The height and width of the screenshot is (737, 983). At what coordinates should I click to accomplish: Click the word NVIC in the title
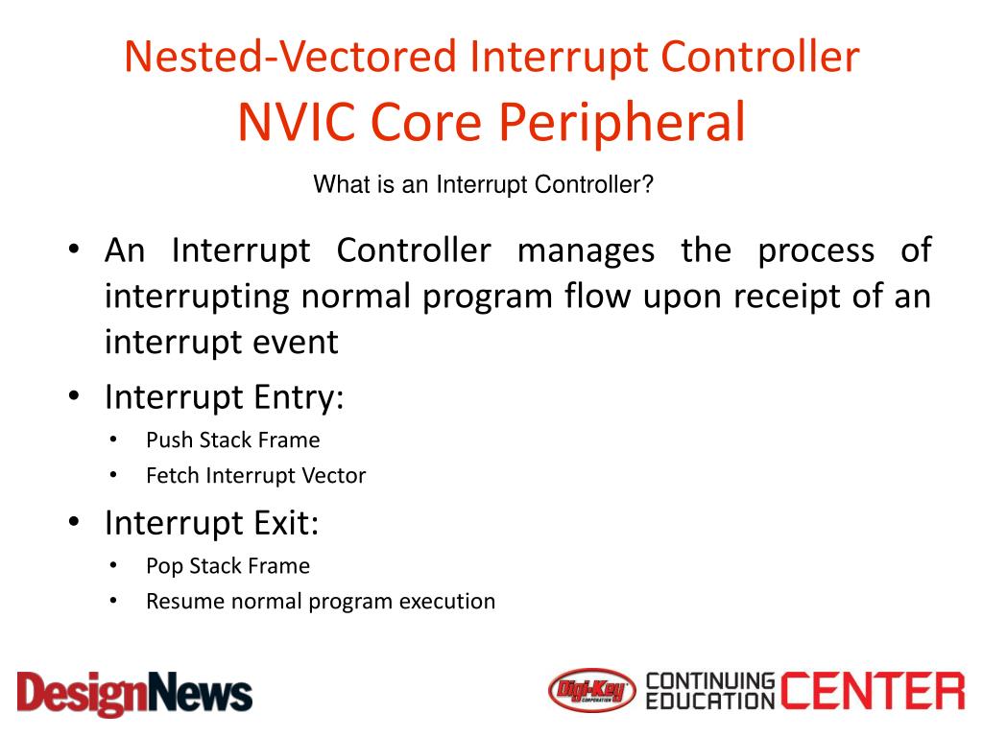pyautogui.click(x=297, y=123)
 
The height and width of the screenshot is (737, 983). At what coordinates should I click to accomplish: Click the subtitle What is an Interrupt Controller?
pyautogui.click(x=483, y=184)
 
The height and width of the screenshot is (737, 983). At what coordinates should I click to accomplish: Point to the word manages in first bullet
pyautogui.click(x=586, y=251)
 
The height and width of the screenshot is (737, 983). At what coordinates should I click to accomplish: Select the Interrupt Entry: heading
pyautogui.click(x=224, y=396)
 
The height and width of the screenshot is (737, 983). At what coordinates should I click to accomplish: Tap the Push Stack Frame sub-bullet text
pyautogui.click(x=232, y=440)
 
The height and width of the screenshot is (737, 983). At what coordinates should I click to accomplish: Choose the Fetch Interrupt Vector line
pyautogui.click(x=255, y=475)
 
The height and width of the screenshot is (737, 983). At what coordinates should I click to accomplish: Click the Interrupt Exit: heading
pyautogui.click(x=211, y=523)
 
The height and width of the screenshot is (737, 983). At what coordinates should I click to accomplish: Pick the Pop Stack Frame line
pyautogui.click(x=228, y=566)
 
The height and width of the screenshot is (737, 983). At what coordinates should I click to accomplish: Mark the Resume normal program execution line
pyautogui.click(x=321, y=602)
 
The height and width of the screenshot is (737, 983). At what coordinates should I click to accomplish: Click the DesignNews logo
pyautogui.click(x=134, y=693)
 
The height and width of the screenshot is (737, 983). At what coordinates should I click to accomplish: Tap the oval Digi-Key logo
pyautogui.click(x=593, y=691)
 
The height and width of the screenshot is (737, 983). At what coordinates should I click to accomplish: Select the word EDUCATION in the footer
pyautogui.click(x=709, y=702)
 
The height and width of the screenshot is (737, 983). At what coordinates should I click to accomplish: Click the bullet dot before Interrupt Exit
pyautogui.click(x=74, y=523)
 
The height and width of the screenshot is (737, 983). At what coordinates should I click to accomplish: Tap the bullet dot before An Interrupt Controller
pyautogui.click(x=74, y=251)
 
